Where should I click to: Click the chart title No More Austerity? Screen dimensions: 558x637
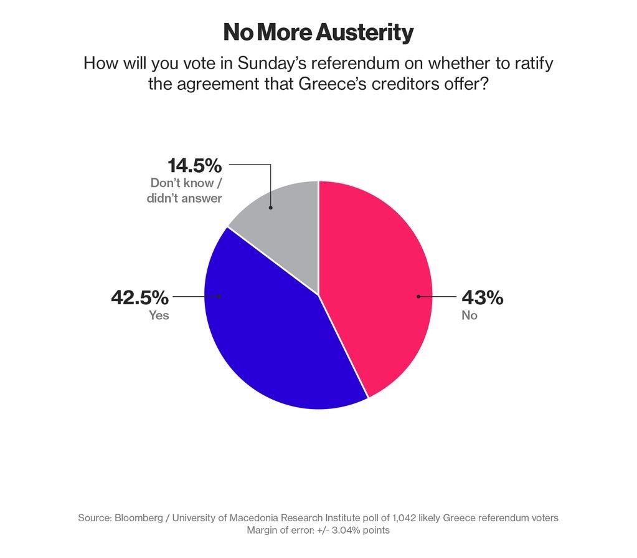318,32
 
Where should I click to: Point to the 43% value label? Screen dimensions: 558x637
482,298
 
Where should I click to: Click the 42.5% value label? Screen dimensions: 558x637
139,297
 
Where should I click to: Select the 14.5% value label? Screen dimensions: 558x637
195,166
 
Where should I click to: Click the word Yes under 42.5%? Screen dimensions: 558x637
159,315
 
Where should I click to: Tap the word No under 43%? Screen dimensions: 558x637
469,315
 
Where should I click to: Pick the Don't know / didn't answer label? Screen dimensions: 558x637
186,191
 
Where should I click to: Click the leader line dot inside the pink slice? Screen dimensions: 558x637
418,296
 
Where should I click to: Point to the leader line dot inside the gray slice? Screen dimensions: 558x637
270,208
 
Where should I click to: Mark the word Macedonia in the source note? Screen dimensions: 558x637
257,517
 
